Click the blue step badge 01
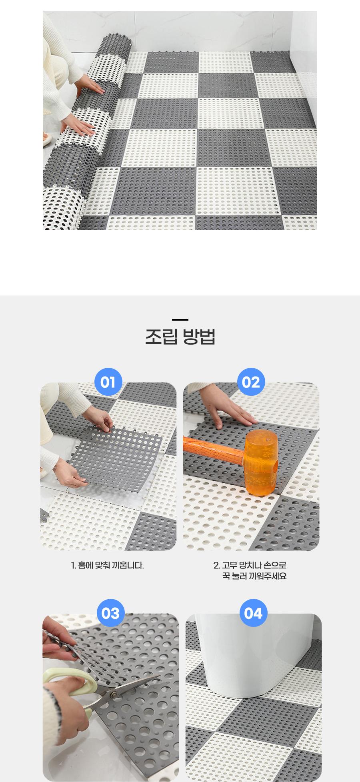pyautogui.click(x=108, y=382)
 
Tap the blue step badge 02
pyautogui.click(x=251, y=382)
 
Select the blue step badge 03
pyautogui.click(x=111, y=613)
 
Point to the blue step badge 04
pyautogui.click(x=253, y=613)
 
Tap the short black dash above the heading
pyautogui.click(x=180, y=319)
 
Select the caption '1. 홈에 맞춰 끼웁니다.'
pyautogui.click(x=107, y=565)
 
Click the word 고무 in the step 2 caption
pyautogui.click(x=229, y=565)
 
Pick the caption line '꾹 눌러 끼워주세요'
pyautogui.click(x=254, y=576)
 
